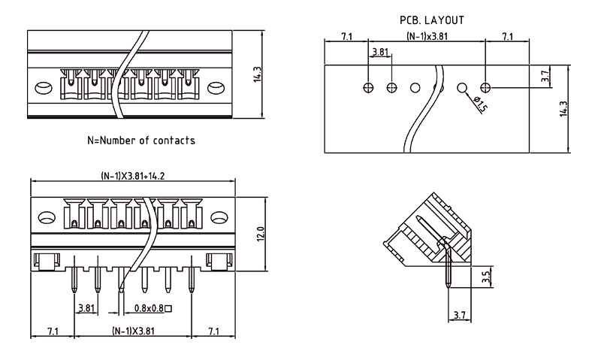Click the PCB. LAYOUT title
431,20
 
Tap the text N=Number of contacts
141,141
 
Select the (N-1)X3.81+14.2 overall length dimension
133,177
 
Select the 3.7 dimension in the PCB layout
546,76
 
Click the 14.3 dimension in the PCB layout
563,108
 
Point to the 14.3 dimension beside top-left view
258,75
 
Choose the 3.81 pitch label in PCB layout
380,53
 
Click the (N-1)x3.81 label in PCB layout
427,36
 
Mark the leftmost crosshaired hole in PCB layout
367,88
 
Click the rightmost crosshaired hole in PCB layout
486,88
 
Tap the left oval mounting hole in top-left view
46,87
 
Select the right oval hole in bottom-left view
219,219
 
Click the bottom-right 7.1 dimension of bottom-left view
213,331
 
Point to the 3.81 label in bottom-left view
86,308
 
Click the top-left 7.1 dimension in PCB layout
346,36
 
